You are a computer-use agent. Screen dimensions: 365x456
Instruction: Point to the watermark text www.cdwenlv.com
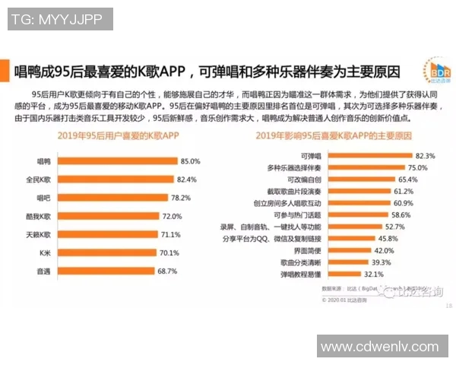click(384, 346)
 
